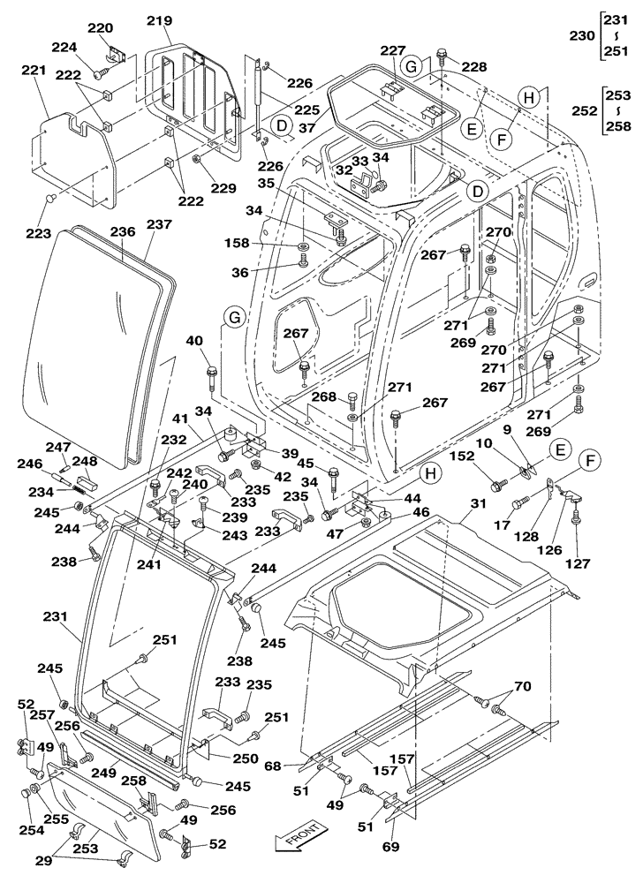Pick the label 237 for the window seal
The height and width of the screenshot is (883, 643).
click(160, 226)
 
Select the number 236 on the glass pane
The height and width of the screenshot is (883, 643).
click(121, 231)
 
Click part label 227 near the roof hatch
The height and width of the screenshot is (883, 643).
click(392, 50)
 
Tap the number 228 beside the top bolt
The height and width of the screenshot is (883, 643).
click(473, 67)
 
